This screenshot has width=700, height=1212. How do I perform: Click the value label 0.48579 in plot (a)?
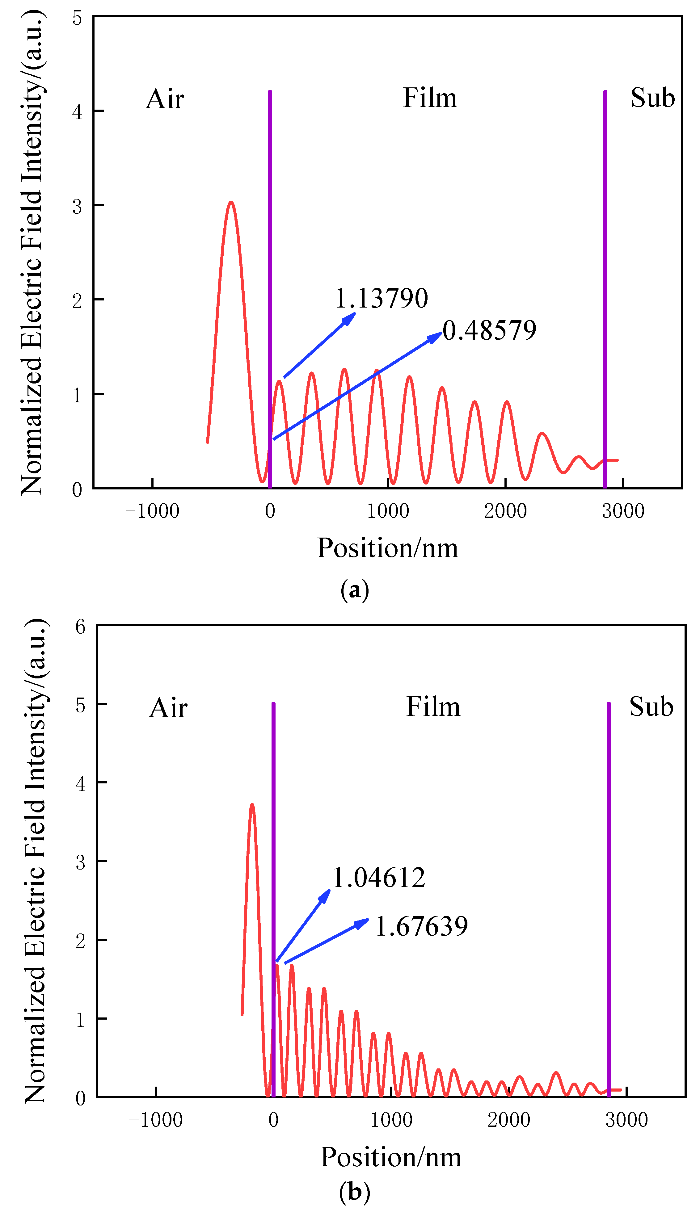pos(489,331)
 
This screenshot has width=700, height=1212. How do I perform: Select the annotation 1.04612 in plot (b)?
pos(379,878)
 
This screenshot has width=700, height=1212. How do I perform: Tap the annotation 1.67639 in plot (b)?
pos(421,927)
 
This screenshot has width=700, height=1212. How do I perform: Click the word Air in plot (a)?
pos(165,99)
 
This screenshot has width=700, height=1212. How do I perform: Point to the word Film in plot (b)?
pos(433,707)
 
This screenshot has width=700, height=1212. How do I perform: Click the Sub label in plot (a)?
pos(652,98)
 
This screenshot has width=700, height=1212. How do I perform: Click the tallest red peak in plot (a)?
pos(231,203)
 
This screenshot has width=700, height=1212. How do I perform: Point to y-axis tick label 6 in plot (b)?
pos(80,627)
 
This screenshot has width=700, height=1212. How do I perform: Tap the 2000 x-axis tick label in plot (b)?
pos(509,1120)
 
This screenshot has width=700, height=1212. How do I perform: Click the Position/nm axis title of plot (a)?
pos(387,548)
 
